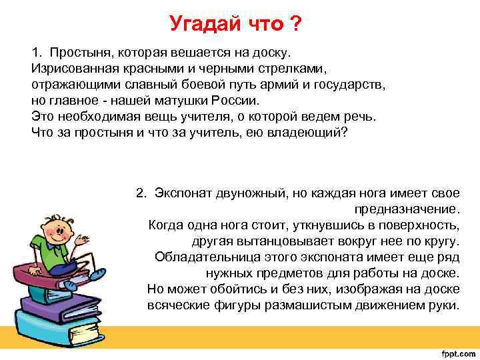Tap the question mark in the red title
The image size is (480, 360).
tap(295, 25)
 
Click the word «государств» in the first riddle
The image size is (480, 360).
tap(354, 85)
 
